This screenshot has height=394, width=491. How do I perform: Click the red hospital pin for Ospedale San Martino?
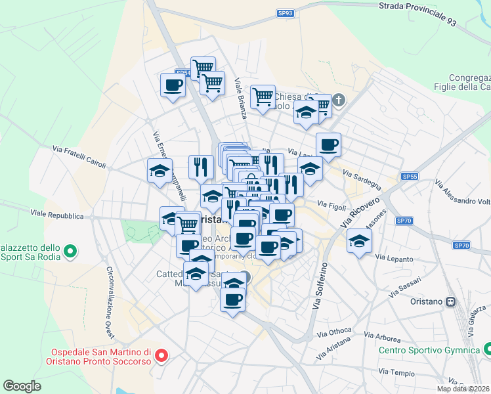(x=161, y=357)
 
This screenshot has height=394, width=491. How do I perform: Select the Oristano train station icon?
(x=451, y=301)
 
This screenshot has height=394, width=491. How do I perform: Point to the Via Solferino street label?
(x=320, y=286)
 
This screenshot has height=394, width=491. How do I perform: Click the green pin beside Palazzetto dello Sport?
(x=69, y=251)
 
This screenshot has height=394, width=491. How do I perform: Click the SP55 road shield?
(x=410, y=177)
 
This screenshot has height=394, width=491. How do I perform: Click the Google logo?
(x=22, y=386)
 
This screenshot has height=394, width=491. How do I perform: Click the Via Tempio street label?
(x=402, y=372)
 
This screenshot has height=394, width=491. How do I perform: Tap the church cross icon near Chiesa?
(x=338, y=100)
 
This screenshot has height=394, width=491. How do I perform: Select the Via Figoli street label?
(x=331, y=206)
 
